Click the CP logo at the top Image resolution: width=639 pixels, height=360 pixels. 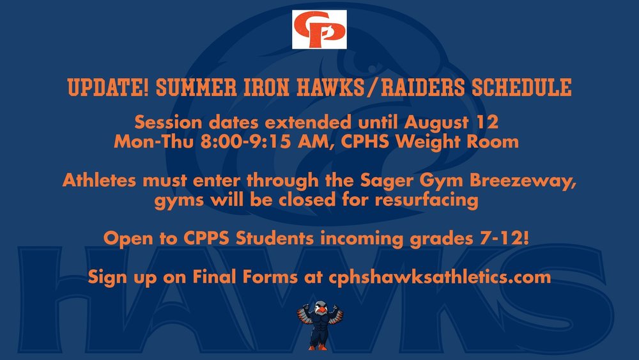(319, 29)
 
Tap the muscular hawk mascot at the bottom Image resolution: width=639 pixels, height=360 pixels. (319, 326)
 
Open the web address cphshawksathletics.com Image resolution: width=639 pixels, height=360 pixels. (440, 278)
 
